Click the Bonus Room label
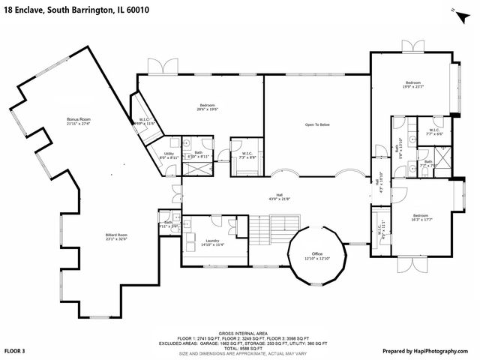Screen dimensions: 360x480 [78, 119]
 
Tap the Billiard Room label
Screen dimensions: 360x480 [116, 235]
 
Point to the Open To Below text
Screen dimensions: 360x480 [317, 124]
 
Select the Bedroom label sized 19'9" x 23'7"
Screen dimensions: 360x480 [414, 83]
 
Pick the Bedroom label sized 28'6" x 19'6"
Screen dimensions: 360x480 [208, 105]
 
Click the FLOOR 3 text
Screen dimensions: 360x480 [16, 350]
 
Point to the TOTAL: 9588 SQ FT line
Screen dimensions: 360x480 [239, 348]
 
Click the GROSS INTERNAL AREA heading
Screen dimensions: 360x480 [239, 332]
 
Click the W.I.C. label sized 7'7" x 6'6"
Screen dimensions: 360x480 [435, 131]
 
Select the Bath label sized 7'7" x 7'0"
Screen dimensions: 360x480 [427, 163]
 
